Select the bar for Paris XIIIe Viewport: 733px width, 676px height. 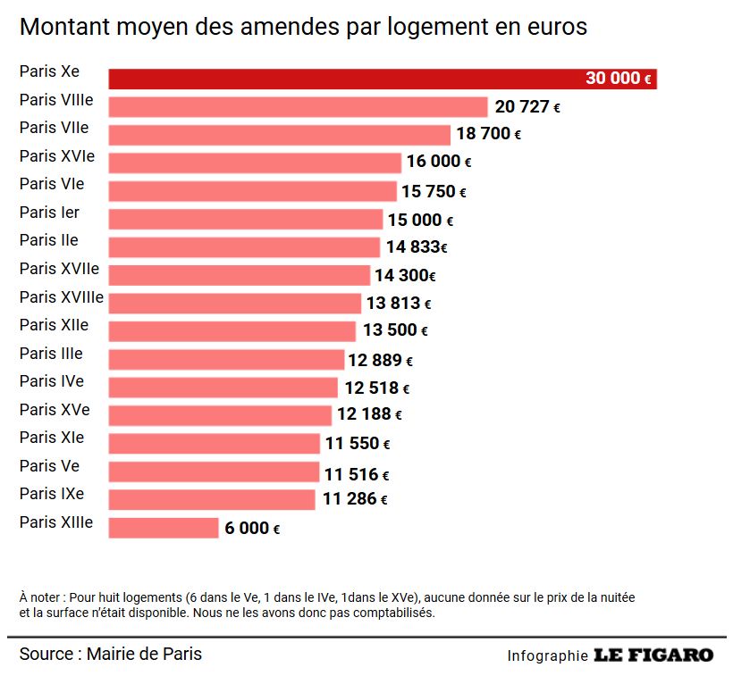[x=164, y=528]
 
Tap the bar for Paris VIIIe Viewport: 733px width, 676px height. [x=298, y=107]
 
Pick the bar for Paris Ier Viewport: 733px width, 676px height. [x=246, y=220]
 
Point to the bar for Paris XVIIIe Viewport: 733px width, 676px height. [x=235, y=304]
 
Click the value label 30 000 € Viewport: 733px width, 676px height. [x=619, y=79]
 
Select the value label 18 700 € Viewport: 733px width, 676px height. [x=488, y=135]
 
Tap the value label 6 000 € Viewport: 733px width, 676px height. [x=252, y=528]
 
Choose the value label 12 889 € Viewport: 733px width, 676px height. [x=381, y=360]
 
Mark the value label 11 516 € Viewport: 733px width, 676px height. [x=357, y=474]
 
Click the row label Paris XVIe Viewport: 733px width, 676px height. [x=57, y=157]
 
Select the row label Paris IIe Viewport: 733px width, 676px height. [x=48, y=240]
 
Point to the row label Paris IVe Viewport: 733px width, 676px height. [x=52, y=381]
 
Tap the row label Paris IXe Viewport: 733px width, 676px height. [x=52, y=495]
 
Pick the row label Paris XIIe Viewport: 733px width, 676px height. [x=55, y=325]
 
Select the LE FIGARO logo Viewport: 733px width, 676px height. [x=653, y=655]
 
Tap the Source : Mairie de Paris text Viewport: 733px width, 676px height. [x=111, y=655]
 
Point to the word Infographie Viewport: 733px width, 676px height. [x=547, y=656]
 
